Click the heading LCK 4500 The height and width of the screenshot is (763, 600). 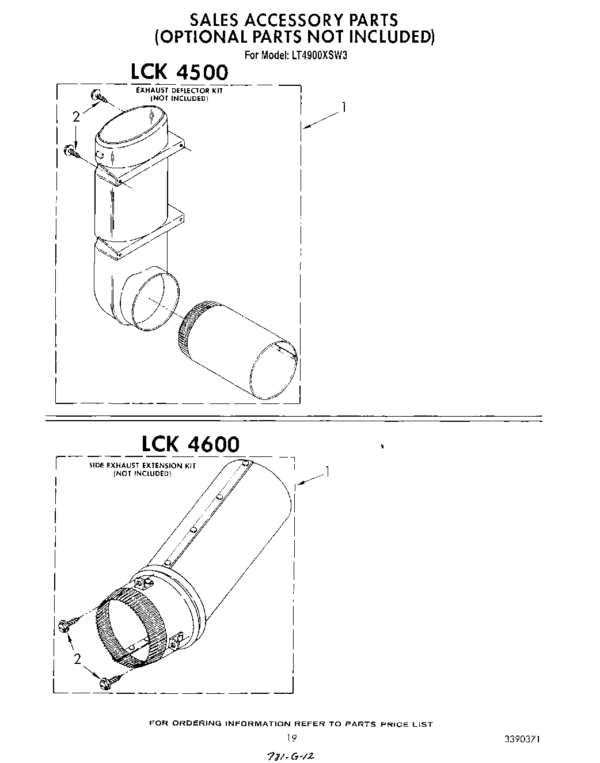pos(179,73)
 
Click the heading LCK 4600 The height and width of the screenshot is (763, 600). pos(190,444)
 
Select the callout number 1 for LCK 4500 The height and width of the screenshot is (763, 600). pos(344,108)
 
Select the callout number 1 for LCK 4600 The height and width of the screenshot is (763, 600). pos(328,472)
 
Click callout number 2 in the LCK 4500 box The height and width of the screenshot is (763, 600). pos(76,117)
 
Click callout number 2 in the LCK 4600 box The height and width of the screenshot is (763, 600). pos(78,659)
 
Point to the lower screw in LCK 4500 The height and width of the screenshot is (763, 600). pos(71,151)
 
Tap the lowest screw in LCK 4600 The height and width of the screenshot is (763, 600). pos(107,683)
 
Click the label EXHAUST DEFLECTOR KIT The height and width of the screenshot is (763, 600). pos(179,90)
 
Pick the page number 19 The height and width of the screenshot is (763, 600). pos(291,738)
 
